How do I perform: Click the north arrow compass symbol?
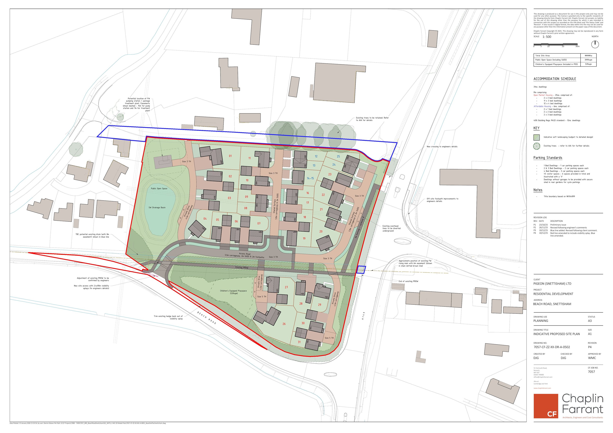595,44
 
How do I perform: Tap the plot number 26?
284,324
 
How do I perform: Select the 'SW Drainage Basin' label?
157,207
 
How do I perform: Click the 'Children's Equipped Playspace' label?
233,291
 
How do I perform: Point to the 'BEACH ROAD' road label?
207,318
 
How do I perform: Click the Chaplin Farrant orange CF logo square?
546,406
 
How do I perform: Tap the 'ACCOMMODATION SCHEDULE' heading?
555,79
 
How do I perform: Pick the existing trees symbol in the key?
536,146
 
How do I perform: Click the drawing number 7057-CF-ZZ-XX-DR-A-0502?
551,347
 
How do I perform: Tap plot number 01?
230,156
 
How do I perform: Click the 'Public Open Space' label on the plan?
159,188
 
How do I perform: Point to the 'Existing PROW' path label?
242,267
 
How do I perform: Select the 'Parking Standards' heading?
548,158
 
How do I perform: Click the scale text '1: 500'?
547,37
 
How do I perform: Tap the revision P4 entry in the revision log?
535,233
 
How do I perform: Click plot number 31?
299,342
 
